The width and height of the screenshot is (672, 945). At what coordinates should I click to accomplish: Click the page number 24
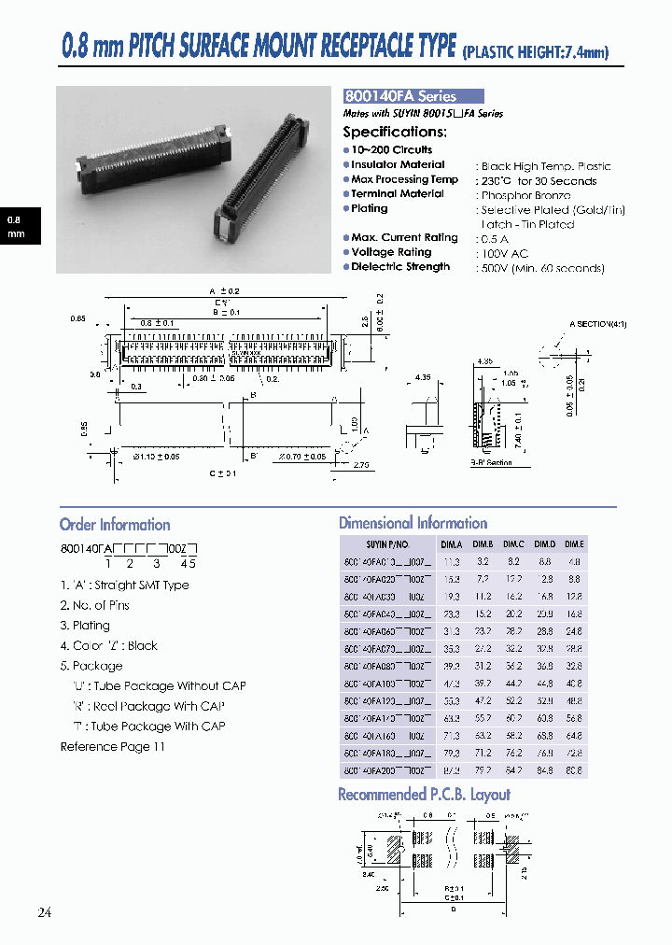click(45, 912)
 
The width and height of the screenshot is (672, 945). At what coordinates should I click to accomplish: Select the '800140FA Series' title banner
click(413, 96)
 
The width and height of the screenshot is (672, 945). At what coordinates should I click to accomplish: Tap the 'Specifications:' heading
click(395, 133)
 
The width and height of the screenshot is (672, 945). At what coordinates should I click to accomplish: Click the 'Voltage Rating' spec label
click(391, 252)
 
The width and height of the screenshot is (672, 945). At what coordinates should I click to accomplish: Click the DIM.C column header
click(513, 544)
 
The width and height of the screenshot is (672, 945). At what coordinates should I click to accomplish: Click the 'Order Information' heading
click(115, 525)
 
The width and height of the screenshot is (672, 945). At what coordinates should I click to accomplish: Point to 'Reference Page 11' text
click(112, 746)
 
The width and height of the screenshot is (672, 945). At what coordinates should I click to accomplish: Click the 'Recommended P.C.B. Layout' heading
click(424, 795)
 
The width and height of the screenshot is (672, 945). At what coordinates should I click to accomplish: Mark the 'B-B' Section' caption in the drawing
click(491, 462)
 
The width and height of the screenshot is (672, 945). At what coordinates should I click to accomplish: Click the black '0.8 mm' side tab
click(17, 227)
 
